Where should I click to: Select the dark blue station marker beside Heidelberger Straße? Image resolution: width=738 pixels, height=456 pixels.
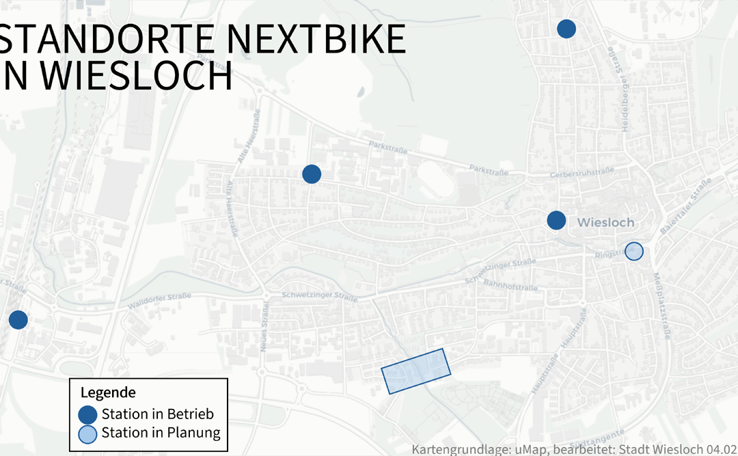(566, 29)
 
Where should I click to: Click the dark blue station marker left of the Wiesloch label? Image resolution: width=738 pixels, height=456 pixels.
(556, 220)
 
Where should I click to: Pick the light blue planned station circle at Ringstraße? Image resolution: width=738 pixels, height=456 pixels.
(635, 252)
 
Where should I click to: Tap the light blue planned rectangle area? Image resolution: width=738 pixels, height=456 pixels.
(416, 371)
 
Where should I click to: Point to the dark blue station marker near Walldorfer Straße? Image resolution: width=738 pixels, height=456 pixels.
(18, 319)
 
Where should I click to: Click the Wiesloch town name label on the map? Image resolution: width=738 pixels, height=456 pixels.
(605, 223)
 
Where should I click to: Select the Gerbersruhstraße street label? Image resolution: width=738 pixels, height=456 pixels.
(579, 175)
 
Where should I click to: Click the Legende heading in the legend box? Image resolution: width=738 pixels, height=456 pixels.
(108, 393)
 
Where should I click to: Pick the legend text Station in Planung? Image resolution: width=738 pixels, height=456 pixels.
(161, 433)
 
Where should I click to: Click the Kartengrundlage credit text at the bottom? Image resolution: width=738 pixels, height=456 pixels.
(574, 449)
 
